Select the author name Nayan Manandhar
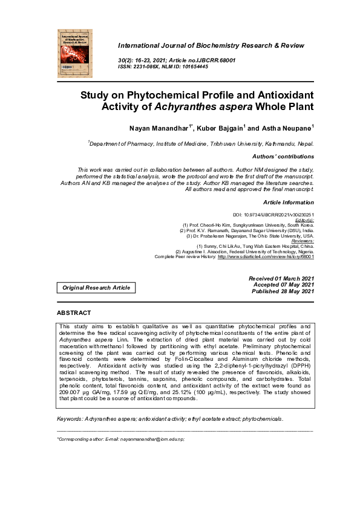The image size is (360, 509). pos(154,129)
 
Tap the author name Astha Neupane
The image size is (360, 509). pos(287,129)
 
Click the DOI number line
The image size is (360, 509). pos(273,215)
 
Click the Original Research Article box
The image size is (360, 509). pos(96,288)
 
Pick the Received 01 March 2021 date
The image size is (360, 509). pos(281,278)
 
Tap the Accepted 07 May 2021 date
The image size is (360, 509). pos(283,285)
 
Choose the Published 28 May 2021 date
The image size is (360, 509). pos(283,291)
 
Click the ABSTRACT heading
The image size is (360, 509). pos(74,313)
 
